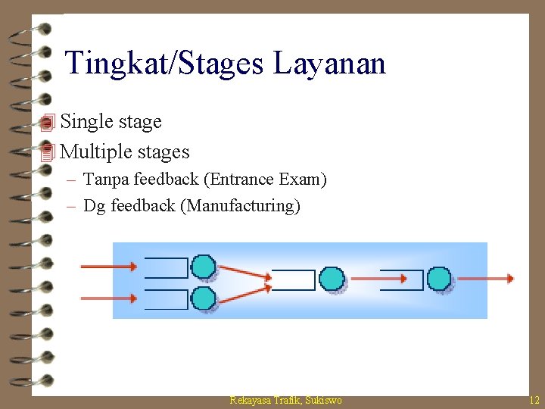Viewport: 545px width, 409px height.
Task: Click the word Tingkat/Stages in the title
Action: (165, 63)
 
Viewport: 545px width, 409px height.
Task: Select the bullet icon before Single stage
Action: (48, 122)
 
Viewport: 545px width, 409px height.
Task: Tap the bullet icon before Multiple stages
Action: (48, 152)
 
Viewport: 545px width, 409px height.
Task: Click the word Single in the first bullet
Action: (83, 121)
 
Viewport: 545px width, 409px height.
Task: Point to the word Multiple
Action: (93, 151)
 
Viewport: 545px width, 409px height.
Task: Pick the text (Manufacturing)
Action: (240, 205)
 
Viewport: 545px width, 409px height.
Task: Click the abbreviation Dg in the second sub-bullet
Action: (95, 205)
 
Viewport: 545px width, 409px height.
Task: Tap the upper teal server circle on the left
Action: (203, 267)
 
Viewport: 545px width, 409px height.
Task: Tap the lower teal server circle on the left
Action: (203, 298)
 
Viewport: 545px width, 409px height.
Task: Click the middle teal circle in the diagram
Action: (331, 279)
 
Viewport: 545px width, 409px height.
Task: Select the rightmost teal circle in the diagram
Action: (438, 279)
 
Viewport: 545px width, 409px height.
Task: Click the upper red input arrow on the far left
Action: (108, 266)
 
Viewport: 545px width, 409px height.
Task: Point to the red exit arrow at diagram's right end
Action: (484, 279)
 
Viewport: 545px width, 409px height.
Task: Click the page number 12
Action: (534, 400)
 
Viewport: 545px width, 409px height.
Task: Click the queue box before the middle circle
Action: (293, 279)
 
